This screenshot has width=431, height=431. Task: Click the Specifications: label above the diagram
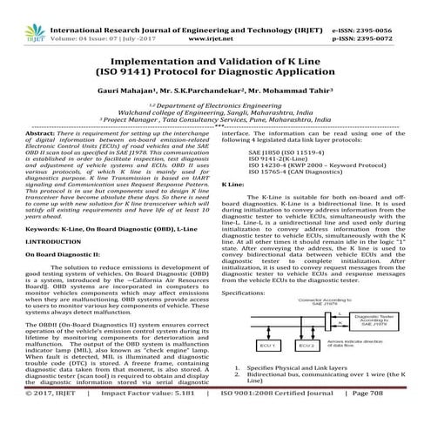pyautogui.click(x=249, y=294)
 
